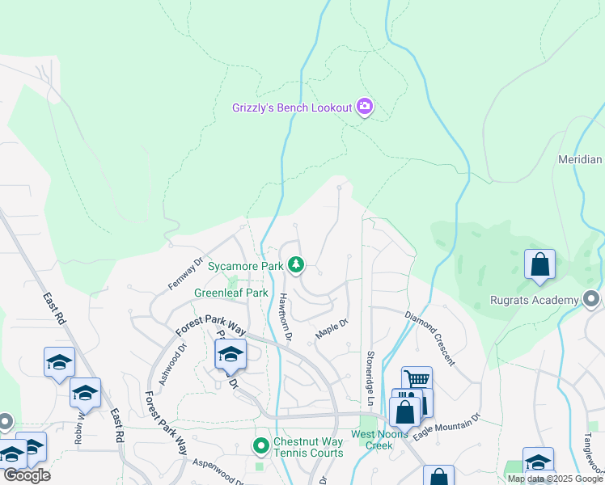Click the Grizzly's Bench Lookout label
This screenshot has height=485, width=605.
[292, 108]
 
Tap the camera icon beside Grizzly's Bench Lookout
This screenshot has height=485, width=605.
[365, 108]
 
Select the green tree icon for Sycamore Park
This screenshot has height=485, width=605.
[297, 265]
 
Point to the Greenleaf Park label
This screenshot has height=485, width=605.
[231, 293]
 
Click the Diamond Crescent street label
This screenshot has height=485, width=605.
[429, 336]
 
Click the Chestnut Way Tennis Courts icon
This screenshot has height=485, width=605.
[261, 445]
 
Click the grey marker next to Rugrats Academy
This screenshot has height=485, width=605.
[592, 300]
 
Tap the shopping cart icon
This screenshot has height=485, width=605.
[417, 380]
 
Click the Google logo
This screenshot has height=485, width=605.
[26, 475]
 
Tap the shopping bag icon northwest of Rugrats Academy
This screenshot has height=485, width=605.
[539, 265]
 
